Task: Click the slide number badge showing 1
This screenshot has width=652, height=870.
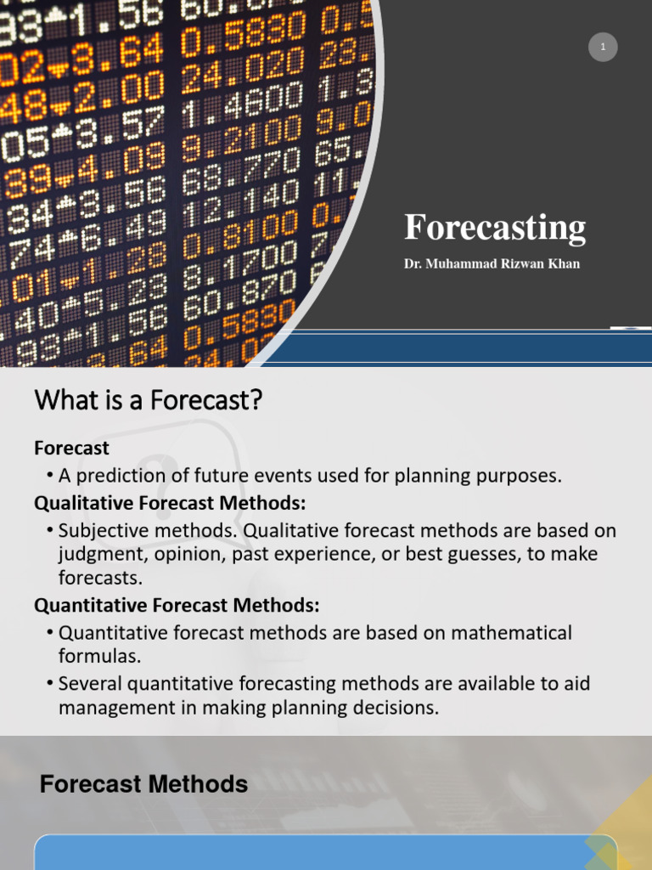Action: click(603, 48)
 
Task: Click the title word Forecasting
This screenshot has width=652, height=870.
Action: click(495, 229)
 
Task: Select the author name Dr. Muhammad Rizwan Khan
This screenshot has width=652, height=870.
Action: click(492, 264)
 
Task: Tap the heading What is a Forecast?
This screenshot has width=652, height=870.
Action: click(149, 400)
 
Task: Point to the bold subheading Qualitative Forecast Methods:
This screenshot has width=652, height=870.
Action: click(170, 504)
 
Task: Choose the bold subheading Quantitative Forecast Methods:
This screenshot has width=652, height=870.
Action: click(177, 606)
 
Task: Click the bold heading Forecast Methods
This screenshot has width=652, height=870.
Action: click(144, 784)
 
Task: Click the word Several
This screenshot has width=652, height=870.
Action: click(89, 684)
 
